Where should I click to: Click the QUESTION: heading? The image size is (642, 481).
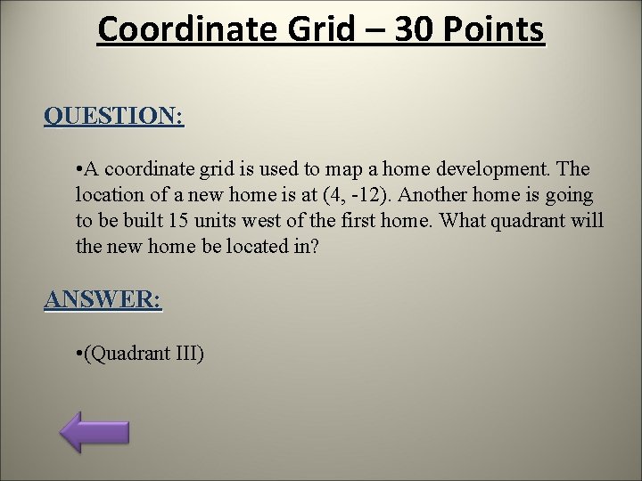(x=114, y=116)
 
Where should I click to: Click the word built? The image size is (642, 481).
(x=143, y=220)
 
